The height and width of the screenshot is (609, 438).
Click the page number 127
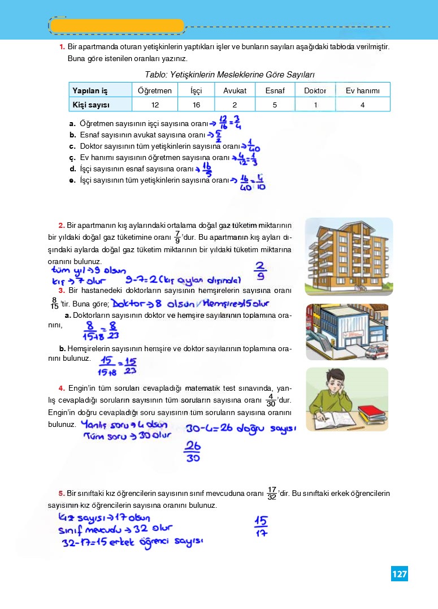(399, 574)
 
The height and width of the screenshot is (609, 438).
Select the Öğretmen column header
(154, 90)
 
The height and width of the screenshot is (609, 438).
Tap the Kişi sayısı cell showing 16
(196, 105)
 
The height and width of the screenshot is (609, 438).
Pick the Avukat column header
(235, 90)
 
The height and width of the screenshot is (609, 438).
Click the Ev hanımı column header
(362, 90)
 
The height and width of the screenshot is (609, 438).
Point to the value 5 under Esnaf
(274, 105)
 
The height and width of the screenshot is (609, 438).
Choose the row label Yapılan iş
(90, 90)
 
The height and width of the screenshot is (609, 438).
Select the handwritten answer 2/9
(260, 271)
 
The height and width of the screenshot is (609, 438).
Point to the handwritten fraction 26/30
(193, 452)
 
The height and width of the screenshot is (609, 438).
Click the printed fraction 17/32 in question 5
(272, 493)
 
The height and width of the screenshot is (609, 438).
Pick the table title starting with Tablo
(229, 75)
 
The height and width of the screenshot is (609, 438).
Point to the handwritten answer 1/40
(253, 147)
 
